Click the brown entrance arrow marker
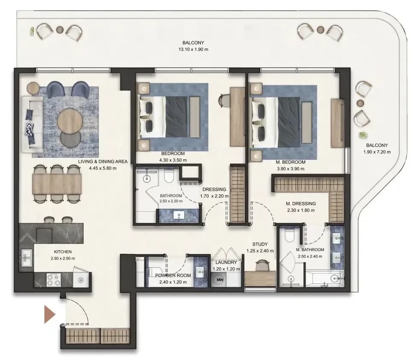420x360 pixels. [x=50, y=314]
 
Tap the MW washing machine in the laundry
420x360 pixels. [x=220, y=280]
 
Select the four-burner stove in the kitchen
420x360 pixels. [x=53, y=280]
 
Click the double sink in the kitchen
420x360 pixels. [x=26, y=258]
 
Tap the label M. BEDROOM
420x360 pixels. [x=291, y=162]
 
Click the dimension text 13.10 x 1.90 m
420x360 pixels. [x=193, y=50]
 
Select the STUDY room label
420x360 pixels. [x=260, y=244]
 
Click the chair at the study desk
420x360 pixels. [x=261, y=266]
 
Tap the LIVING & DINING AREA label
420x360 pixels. [x=103, y=162]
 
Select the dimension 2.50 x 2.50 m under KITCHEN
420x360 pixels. [x=63, y=258]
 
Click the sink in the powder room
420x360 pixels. [x=200, y=272]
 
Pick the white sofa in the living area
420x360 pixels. [x=32, y=124]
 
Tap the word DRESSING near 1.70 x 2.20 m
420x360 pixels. [x=214, y=190]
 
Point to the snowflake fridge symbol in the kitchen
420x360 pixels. [x=81, y=280]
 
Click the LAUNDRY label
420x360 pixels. [x=226, y=263]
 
